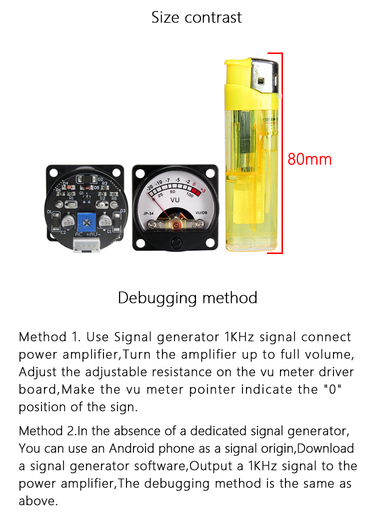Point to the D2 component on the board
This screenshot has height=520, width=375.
(86, 179)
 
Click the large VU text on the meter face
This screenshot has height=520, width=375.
(174, 200)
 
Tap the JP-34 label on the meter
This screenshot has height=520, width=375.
(148, 213)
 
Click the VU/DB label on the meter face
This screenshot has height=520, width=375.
(201, 212)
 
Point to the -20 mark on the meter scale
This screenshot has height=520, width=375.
(150, 188)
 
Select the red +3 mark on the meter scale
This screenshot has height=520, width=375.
(203, 190)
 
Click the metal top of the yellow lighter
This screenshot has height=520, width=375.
(264, 76)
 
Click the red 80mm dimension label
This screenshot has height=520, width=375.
(309, 159)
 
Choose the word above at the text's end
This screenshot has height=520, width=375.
(38, 501)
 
